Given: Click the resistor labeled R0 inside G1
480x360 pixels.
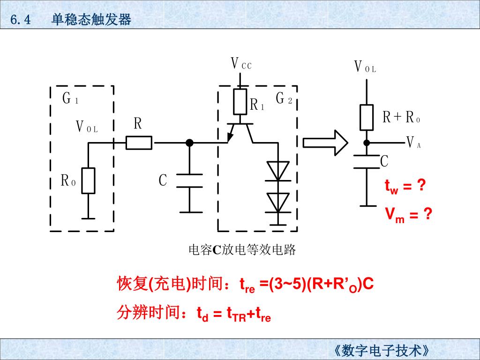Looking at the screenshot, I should click(88, 180).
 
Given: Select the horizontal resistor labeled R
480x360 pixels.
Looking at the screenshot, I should click(139, 142).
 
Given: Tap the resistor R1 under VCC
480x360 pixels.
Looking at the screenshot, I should click(240, 102).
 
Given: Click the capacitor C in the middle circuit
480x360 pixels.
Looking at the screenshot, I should click(189, 181).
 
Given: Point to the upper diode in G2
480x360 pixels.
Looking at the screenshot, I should click(278, 171).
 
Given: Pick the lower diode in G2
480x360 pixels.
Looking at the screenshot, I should click(278, 202).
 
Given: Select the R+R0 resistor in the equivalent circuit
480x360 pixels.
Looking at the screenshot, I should click(367, 117).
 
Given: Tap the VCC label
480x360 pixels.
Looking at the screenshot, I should click(241, 64).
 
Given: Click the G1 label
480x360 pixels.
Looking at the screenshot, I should click(70, 99).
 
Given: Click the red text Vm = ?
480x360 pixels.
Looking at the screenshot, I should click(408, 216).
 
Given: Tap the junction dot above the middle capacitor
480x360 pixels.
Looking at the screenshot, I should click(189, 142).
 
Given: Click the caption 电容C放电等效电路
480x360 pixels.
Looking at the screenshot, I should click(242, 250).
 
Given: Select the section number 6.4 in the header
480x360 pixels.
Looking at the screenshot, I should click(20, 20).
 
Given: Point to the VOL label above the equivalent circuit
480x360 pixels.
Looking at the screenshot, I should click(365, 67).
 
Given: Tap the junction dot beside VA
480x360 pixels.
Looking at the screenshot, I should click(367, 142).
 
